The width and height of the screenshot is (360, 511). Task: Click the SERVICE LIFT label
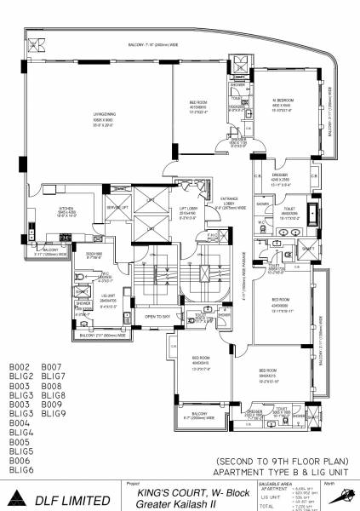(116, 209)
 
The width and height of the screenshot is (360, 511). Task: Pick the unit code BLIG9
(53, 413)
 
